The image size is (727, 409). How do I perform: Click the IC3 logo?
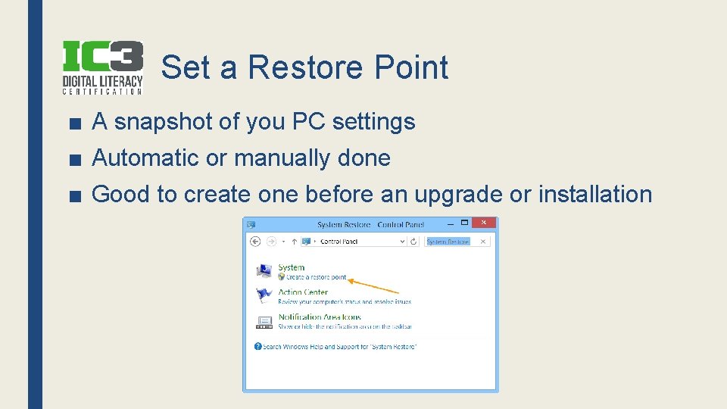[x=102, y=67]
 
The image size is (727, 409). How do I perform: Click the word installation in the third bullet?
[x=594, y=194]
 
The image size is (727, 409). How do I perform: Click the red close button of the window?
[x=484, y=223]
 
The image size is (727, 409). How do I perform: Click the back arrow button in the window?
[x=255, y=241]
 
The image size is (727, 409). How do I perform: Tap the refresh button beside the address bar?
[x=413, y=241]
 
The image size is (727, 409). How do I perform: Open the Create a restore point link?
[x=316, y=277]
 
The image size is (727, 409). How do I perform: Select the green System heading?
[x=291, y=267]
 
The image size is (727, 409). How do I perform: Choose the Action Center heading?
[x=303, y=292]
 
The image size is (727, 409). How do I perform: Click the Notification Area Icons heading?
[x=320, y=317]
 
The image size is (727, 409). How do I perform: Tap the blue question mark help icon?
[x=257, y=346]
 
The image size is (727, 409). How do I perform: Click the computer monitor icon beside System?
[x=264, y=271]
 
